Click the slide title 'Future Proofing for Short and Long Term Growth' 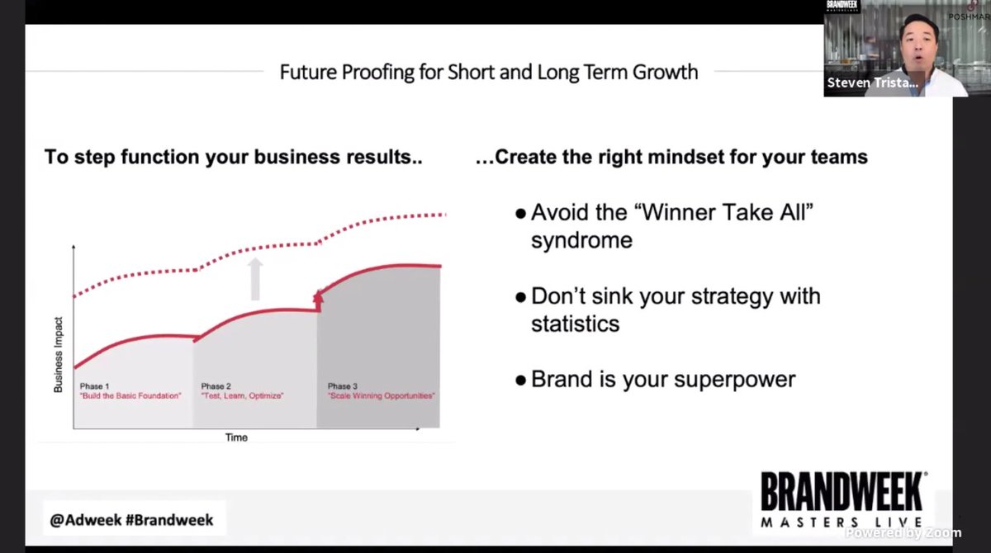489,72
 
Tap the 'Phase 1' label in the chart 92,386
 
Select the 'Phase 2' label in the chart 216,386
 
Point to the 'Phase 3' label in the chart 343,386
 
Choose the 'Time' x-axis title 236,437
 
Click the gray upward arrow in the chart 255,278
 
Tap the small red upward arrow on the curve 319,299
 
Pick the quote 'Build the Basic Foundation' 130,396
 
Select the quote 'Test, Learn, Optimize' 242,396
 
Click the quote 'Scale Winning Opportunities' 382,396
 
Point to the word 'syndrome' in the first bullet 581,240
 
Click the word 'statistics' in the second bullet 575,323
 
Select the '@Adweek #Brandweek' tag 132,520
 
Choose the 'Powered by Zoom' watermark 903,532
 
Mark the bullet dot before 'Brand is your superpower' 520,380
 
